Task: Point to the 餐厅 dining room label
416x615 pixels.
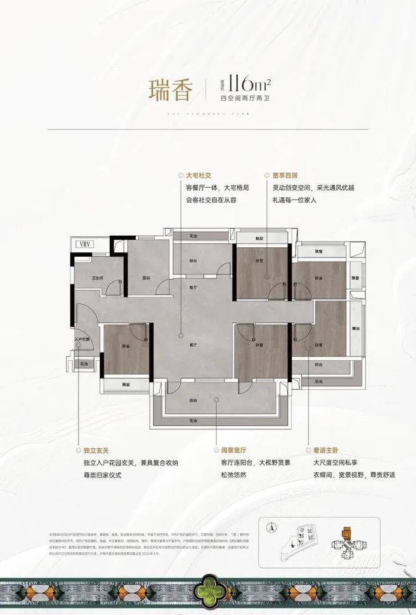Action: tap(195, 287)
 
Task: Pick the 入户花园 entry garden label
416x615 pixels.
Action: tap(82, 340)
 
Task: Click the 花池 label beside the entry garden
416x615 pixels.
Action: tap(84, 363)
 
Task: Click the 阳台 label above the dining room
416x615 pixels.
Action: tap(193, 261)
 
